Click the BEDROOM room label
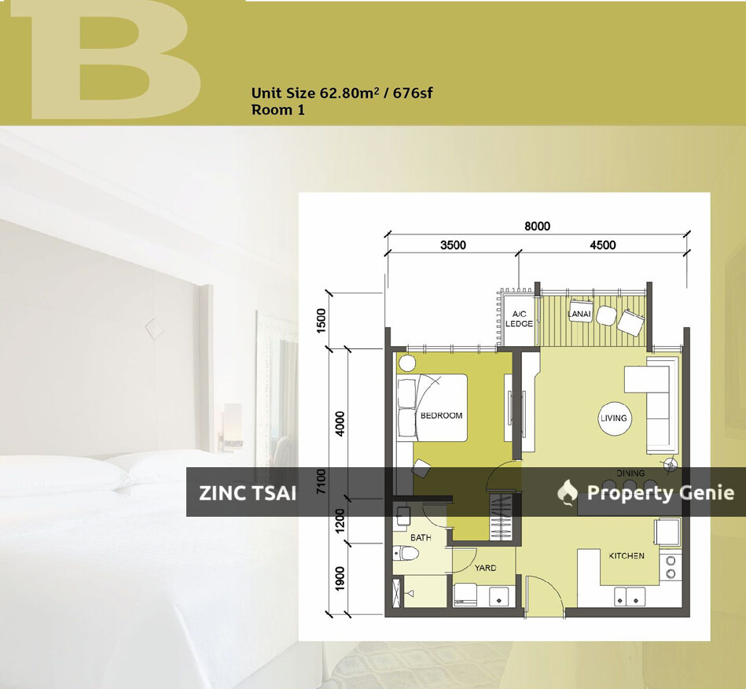[x=441, y=415]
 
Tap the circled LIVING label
[x=613, y=418]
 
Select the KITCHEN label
[x=626, y=556]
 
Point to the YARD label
[x=484, y=567]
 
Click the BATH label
[x=421, y=538]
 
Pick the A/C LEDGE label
[x=519, y=319]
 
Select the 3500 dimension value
[x=453, y=245]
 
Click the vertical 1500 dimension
[x=320, y=321]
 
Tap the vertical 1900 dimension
[x=340, y=579]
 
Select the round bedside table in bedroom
[x=407, y=363]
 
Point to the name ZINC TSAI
[x=248, y=493]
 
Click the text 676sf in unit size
[x=408, y=93]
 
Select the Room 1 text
[x=277, y=110]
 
